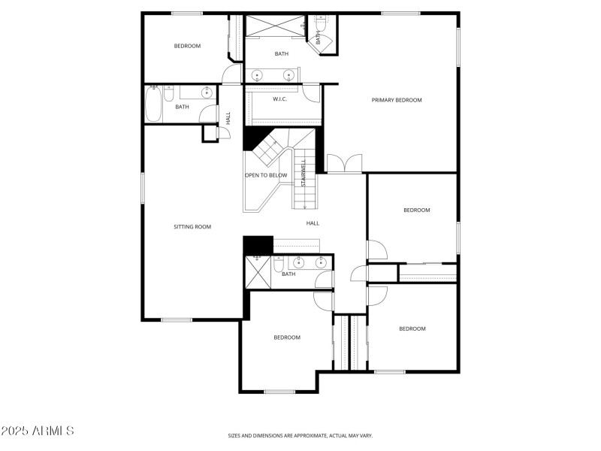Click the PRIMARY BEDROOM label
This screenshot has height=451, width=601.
(397, 100)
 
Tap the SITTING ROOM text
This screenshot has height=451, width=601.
(192, 226)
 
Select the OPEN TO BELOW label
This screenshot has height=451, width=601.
(266, 175)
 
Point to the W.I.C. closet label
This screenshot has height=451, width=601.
(280, 99)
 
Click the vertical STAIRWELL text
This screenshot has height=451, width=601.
(304, 174)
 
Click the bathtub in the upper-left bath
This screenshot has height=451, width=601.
(153, 104)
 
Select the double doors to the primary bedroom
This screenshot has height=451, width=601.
(345, 163)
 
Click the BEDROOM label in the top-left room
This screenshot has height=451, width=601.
(187, 46)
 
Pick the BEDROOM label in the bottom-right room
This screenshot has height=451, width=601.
(412, 328)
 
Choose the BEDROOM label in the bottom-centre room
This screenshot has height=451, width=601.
(287, 337)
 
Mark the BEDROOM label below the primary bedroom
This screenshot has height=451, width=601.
(416, 210)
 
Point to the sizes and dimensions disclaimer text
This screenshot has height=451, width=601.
(300, 435)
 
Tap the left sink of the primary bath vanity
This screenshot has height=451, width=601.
(258, 75)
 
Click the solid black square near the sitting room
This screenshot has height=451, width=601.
(258, 246)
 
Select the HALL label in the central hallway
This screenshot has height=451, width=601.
(313, 223)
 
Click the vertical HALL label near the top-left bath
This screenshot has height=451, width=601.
(228, 118)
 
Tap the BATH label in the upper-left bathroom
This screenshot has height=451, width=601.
(182, 107)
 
